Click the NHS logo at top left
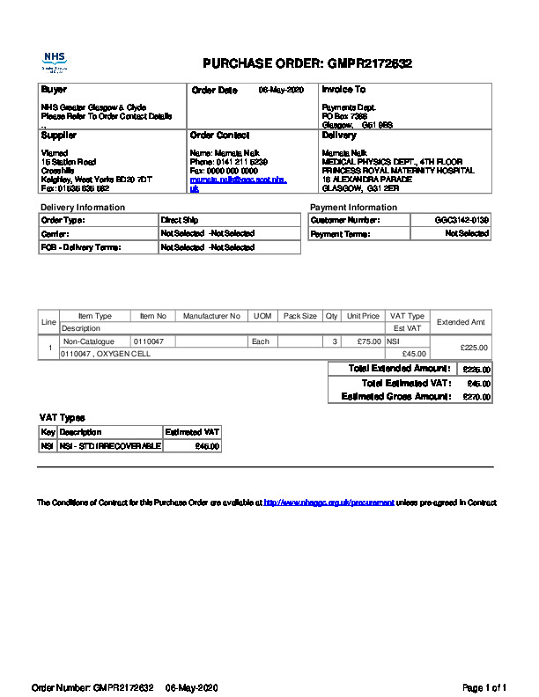55,62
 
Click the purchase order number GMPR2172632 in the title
370,63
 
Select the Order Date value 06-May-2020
280,91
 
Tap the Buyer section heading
54,90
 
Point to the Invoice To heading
343,90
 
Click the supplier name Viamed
55,152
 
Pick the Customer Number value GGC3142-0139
461,220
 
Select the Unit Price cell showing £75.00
363,341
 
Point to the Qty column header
331,316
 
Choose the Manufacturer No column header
211,316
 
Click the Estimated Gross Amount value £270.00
476,397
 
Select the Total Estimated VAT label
406,383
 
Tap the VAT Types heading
62,417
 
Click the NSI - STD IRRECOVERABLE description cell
110,446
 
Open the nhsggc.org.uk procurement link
329,503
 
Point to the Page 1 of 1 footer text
484,686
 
